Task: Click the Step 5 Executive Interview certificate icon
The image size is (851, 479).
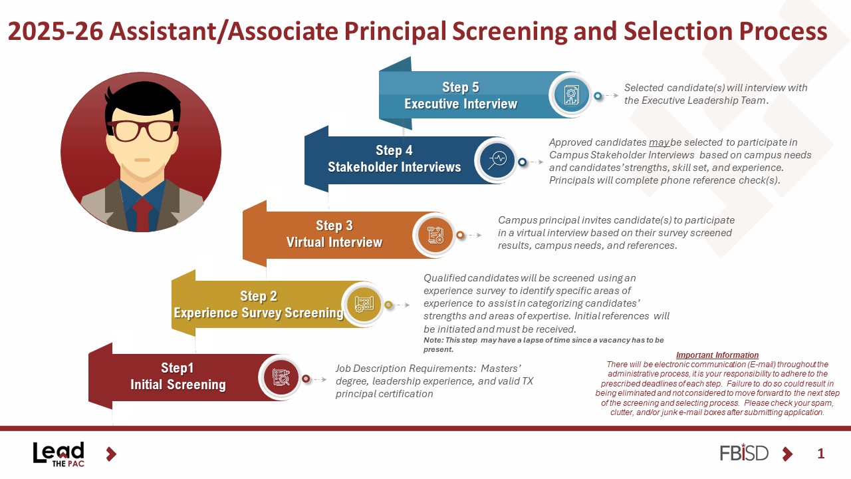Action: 571,95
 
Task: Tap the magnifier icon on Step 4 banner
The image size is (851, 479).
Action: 497,160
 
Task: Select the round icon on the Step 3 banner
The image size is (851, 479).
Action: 435,235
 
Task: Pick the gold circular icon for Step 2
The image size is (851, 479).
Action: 364,304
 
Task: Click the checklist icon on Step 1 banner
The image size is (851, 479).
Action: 281,377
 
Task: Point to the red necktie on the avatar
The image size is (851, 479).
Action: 142,215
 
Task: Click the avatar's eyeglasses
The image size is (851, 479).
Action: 142,130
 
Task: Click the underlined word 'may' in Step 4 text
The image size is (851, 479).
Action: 659,142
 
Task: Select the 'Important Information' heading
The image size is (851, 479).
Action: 717,355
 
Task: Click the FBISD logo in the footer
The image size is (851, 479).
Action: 744,453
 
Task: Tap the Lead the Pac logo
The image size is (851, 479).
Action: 59,454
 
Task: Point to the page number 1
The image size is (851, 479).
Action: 820,454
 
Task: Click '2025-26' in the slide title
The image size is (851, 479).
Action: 55,31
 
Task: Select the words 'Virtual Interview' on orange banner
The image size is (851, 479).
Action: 334,242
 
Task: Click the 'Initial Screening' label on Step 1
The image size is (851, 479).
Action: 178,385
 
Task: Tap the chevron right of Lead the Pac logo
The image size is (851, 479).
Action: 111,454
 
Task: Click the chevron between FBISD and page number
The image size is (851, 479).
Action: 788,454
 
